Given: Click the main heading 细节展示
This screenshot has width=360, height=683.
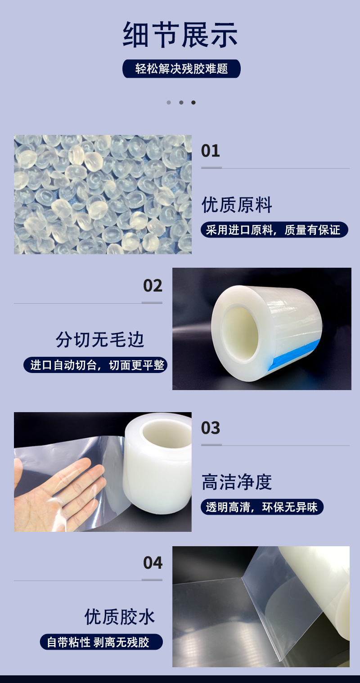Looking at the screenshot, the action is pos(180,35).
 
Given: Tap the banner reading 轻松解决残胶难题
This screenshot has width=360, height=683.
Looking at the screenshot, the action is pos(181,68).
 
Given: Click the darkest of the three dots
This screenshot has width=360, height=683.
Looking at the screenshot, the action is pos(193,103).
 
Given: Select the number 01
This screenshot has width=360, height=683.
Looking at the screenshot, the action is pos(210,151).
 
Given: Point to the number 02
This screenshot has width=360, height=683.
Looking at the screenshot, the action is pos(153,286).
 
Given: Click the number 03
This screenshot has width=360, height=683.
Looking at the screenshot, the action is pos(210,428).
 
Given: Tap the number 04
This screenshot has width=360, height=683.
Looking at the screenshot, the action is pos(153,562).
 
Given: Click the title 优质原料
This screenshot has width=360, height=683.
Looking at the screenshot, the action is pos(237,205).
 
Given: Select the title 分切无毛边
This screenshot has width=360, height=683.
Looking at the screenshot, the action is pos(100,340).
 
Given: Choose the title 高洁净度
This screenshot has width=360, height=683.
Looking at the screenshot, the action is pos(237,482).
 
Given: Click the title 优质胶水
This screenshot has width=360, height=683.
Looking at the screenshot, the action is pos(120,617).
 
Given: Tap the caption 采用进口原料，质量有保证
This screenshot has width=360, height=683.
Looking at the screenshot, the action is pos(274,229).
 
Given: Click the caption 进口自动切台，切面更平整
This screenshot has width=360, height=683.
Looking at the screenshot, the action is pos(95,365).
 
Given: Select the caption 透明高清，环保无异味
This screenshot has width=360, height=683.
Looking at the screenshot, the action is pos(262,507).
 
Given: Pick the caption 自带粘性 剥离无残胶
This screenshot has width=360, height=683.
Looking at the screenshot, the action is pos(101,642).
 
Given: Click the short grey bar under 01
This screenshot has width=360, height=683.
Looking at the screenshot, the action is pos(211,168).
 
